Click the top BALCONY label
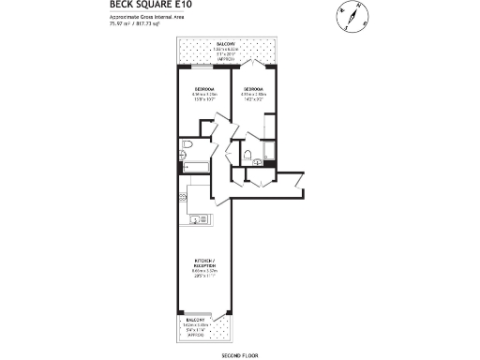pos(226,44)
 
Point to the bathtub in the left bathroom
pos(195,167)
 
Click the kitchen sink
pos(198,220)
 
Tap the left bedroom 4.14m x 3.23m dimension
pos(204,95)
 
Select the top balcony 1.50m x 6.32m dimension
pos(226,50)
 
